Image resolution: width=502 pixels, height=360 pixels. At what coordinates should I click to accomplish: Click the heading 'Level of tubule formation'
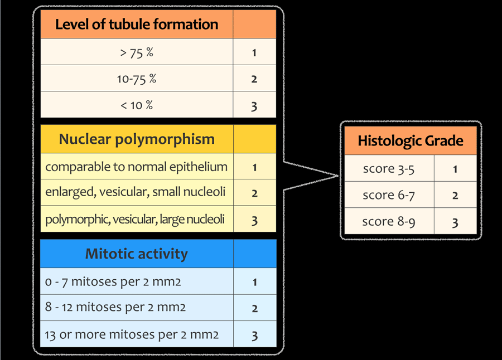pyautogui.click(x=137, y=25)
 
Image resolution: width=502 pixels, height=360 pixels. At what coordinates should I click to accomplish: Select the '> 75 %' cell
pyautogui.click(x=137, y=52)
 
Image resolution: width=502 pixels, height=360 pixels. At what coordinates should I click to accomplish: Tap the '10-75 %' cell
pyautogui.click(x=137, y=79)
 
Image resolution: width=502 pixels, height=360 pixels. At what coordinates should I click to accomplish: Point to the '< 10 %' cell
pyautogui.click(x=137, y=105)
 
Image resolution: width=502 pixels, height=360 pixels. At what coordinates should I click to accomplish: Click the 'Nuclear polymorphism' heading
pyautogui.click(x=137, y=139)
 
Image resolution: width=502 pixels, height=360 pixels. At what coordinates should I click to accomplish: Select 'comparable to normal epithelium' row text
pyautogui.click(x=137, y=167)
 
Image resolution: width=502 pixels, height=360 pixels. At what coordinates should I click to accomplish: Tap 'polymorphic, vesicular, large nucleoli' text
pyautogui.click(x=135, y=220)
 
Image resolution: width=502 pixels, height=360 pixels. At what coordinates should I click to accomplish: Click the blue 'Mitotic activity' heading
pyautogui.click(x=137, y=254)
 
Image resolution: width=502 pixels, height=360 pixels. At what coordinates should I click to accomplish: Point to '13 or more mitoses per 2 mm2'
pyautogui.click(x=132, y=335)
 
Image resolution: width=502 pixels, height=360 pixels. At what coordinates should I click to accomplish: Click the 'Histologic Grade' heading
pyautogui.click(x=411, y=141)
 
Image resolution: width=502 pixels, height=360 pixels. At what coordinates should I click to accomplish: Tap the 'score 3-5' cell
pyautogui.click(x=389, y=169)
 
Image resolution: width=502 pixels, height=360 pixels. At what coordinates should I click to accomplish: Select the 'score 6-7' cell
pyautogui.click(x=389, y=195)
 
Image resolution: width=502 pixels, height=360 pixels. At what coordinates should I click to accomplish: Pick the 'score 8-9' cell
pyautogui.click(x=389, y=221)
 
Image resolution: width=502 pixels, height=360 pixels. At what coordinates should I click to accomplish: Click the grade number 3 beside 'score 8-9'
pyautogui.click(x=455, y=223)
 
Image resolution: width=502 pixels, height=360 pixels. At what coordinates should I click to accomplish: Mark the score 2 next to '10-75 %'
pyautogui.click(x=254, y=79)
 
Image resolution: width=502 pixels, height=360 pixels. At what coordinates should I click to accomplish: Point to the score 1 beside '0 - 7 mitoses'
pyautogui.click(x=255, y=282)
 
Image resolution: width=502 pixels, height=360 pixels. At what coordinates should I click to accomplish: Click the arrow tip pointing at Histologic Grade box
pyautogui.click(x=339, y=176)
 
